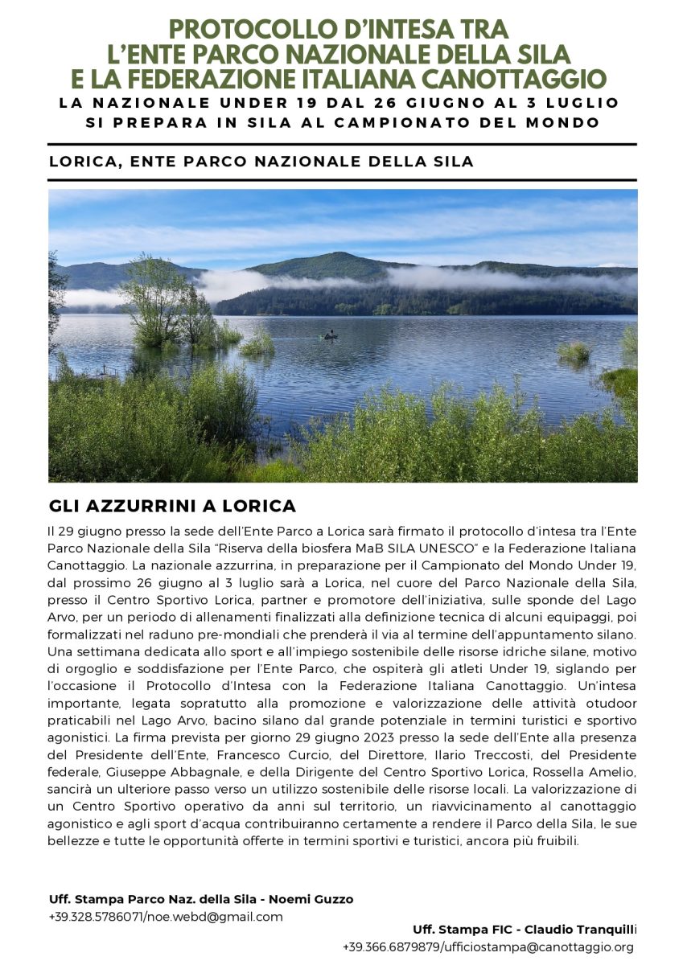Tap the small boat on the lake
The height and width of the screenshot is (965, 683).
[x=330, y=336]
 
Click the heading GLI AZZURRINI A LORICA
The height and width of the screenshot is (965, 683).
[x=172, y=507]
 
